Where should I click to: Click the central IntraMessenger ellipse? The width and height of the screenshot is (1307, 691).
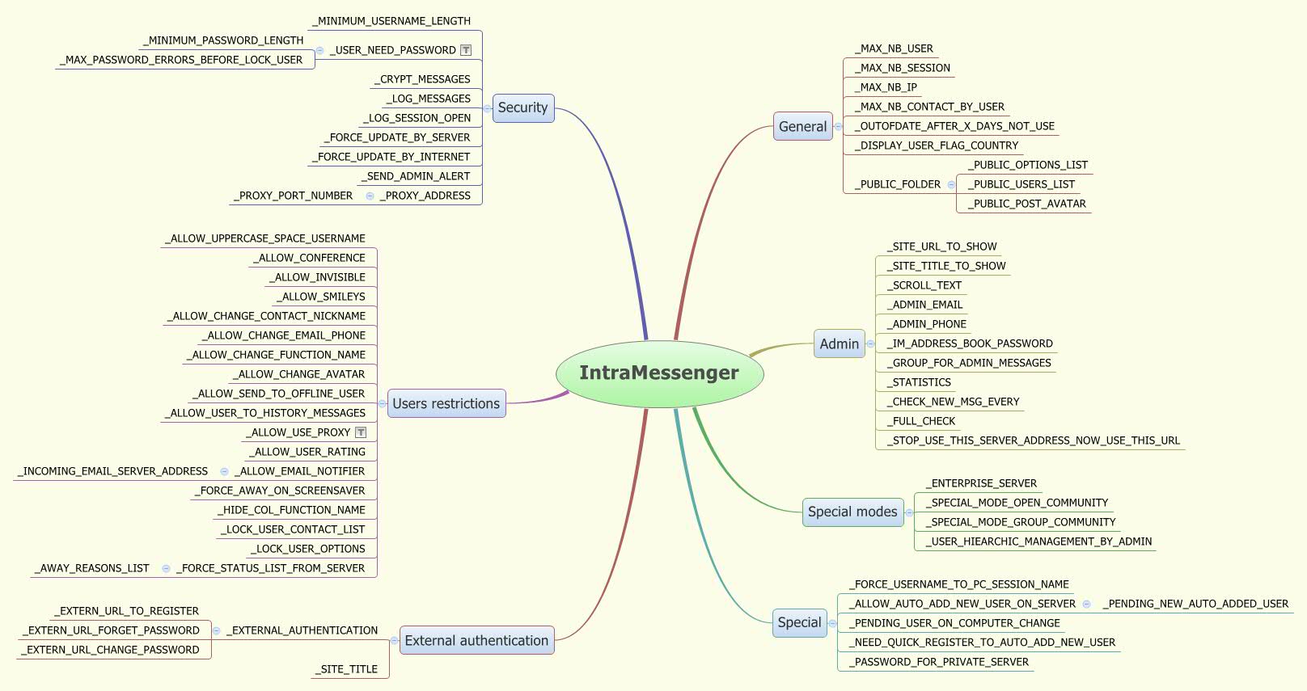pos(659,373)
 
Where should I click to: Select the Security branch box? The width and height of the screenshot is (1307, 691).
pos(522,108)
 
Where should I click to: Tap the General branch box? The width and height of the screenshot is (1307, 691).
pos(802,127)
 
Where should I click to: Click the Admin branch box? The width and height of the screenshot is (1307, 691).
pos(839,344)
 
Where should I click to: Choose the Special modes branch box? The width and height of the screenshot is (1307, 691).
pos(852,512)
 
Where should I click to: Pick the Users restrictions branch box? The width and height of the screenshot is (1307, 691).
pos(446,404)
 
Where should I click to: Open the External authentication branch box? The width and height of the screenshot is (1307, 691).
pos(476,641)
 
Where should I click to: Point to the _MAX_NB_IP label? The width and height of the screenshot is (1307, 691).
pos(888,87)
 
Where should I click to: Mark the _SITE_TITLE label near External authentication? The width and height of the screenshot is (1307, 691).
pos(349,669)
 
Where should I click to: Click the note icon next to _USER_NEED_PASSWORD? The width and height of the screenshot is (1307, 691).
pos(466,50)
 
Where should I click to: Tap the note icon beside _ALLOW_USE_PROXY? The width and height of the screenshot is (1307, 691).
pos(361,432)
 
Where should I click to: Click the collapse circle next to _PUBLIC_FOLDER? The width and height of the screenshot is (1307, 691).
pos(951,185)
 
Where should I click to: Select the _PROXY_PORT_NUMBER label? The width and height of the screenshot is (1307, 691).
pos(295,196)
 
